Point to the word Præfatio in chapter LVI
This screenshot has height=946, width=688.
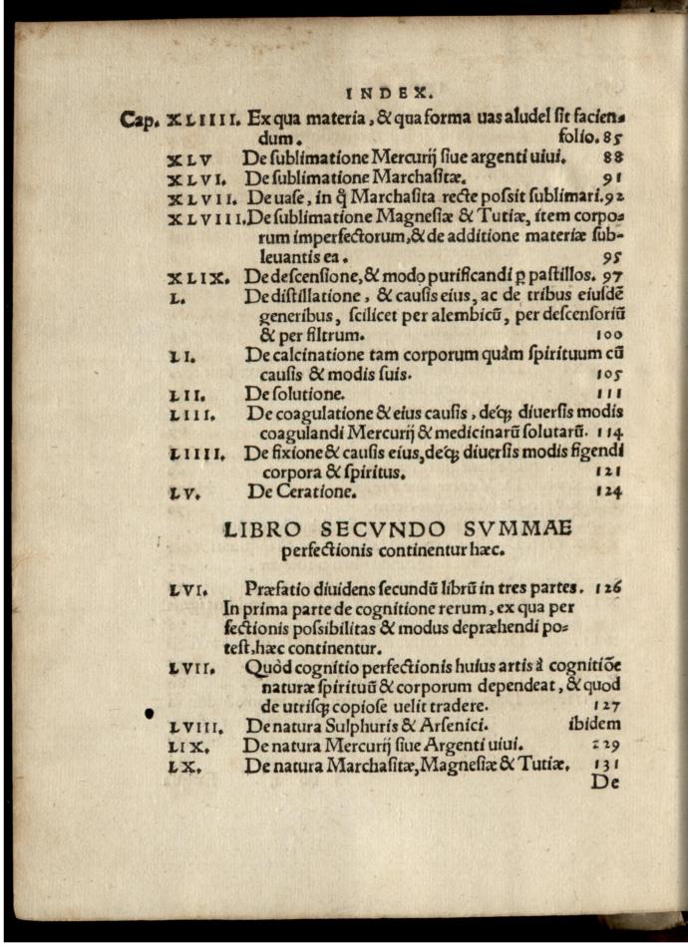tap(280, 589)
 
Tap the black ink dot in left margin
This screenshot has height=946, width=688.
tap(150, 713)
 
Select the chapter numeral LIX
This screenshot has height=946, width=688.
tap(188, 746)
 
